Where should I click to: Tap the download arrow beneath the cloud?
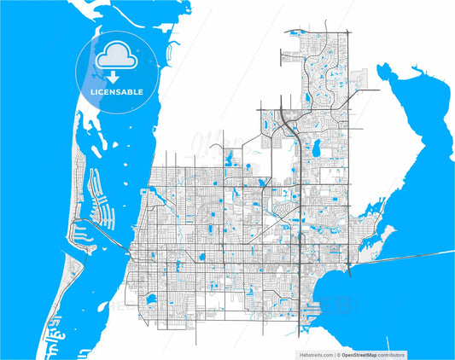click(x=113, y=75)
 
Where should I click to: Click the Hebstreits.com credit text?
click(x=318, y=353)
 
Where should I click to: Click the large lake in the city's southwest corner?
click(x=150, y=299)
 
